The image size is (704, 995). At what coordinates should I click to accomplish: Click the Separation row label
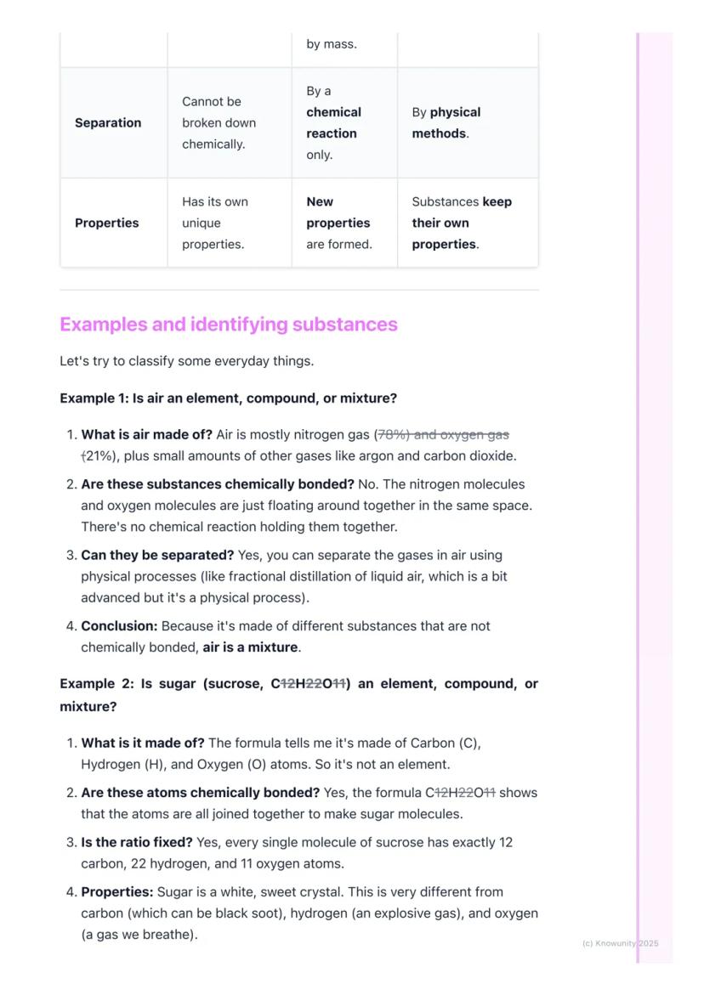(108, 122)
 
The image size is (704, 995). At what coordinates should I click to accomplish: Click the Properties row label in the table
(107, 223)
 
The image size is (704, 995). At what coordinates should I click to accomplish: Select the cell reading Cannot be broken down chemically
(219, 122)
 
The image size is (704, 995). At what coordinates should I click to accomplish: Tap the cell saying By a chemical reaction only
(333, 122)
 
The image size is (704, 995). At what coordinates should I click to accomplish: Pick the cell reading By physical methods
(446, 122)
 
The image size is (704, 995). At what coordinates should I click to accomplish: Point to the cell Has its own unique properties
(215, 223)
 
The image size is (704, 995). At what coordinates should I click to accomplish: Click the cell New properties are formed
(338, 223)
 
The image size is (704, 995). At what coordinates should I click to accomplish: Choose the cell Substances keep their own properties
(462, 223)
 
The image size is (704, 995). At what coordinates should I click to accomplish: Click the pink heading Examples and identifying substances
(229, 325)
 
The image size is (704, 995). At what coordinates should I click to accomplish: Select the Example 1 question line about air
(228, 398)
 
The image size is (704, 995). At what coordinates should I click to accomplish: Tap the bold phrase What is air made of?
(147, 435)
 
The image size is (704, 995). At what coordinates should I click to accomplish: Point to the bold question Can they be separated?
(157, 555)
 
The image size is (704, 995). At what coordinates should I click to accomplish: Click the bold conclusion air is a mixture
(250, 647)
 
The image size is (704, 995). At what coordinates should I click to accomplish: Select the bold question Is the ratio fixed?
(137, 843)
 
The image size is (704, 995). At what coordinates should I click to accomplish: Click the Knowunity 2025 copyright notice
(620, 943)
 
